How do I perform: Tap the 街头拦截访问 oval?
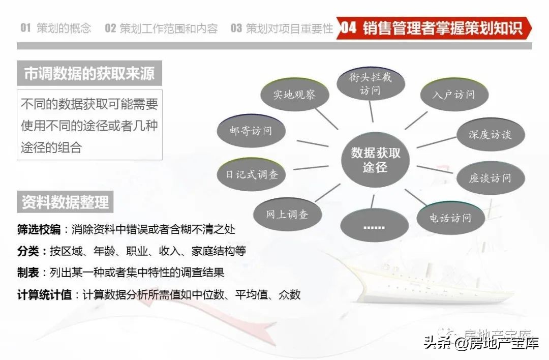point(371,84)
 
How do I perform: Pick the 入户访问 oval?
point(454,95)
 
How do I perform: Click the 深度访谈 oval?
point(490,135)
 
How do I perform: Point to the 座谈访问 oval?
point(490,178)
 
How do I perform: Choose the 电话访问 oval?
point(450,218)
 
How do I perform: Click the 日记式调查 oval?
point(252,174)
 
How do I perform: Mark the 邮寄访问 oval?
point(251,131)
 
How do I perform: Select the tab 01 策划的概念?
point(56,28)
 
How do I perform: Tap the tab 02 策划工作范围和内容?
point(161,28)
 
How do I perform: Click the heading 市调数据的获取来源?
point(89,74)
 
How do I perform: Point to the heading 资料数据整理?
point(65,202)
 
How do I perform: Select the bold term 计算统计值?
point(45,294)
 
